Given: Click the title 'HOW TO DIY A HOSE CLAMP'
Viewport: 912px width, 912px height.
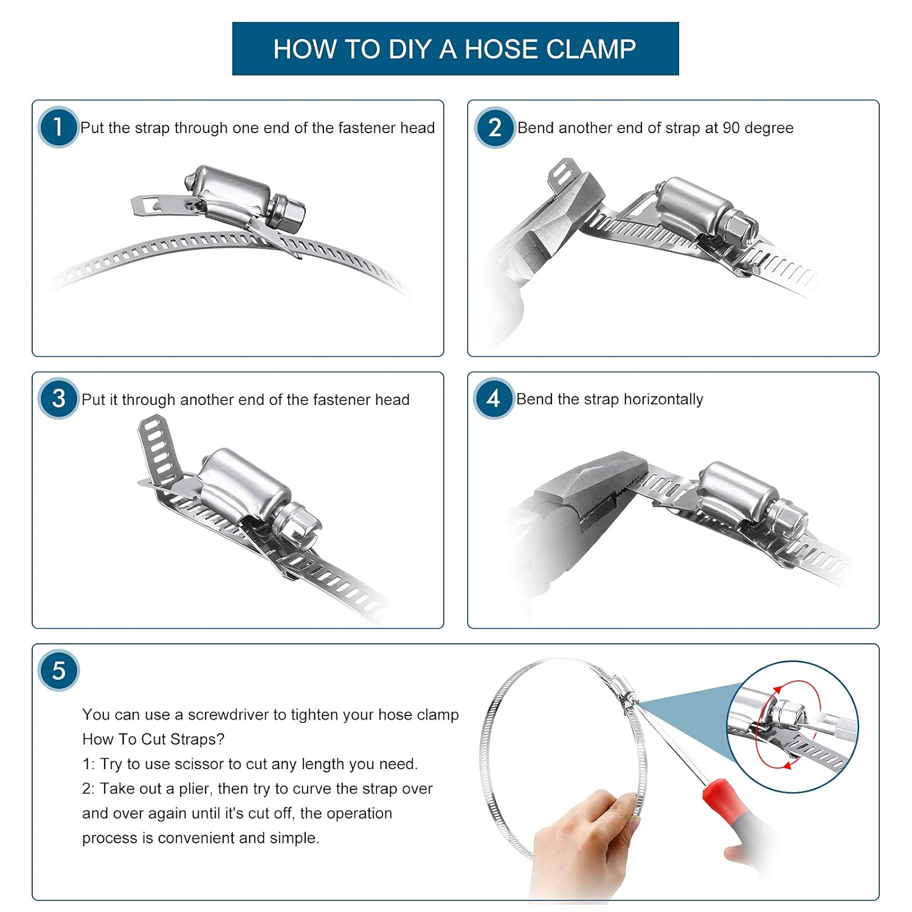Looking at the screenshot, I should point(455,49).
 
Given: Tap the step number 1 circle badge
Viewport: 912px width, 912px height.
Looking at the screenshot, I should point(58,127).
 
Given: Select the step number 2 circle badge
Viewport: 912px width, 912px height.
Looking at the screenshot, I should point(494,127).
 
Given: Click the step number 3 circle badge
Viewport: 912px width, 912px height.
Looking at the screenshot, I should point(58,399).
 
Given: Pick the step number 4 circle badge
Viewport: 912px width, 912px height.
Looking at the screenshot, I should point(493,399).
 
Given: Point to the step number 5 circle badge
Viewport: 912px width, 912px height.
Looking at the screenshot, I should point(58,671).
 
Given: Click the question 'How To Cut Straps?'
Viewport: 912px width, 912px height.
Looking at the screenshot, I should point(153,739).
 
